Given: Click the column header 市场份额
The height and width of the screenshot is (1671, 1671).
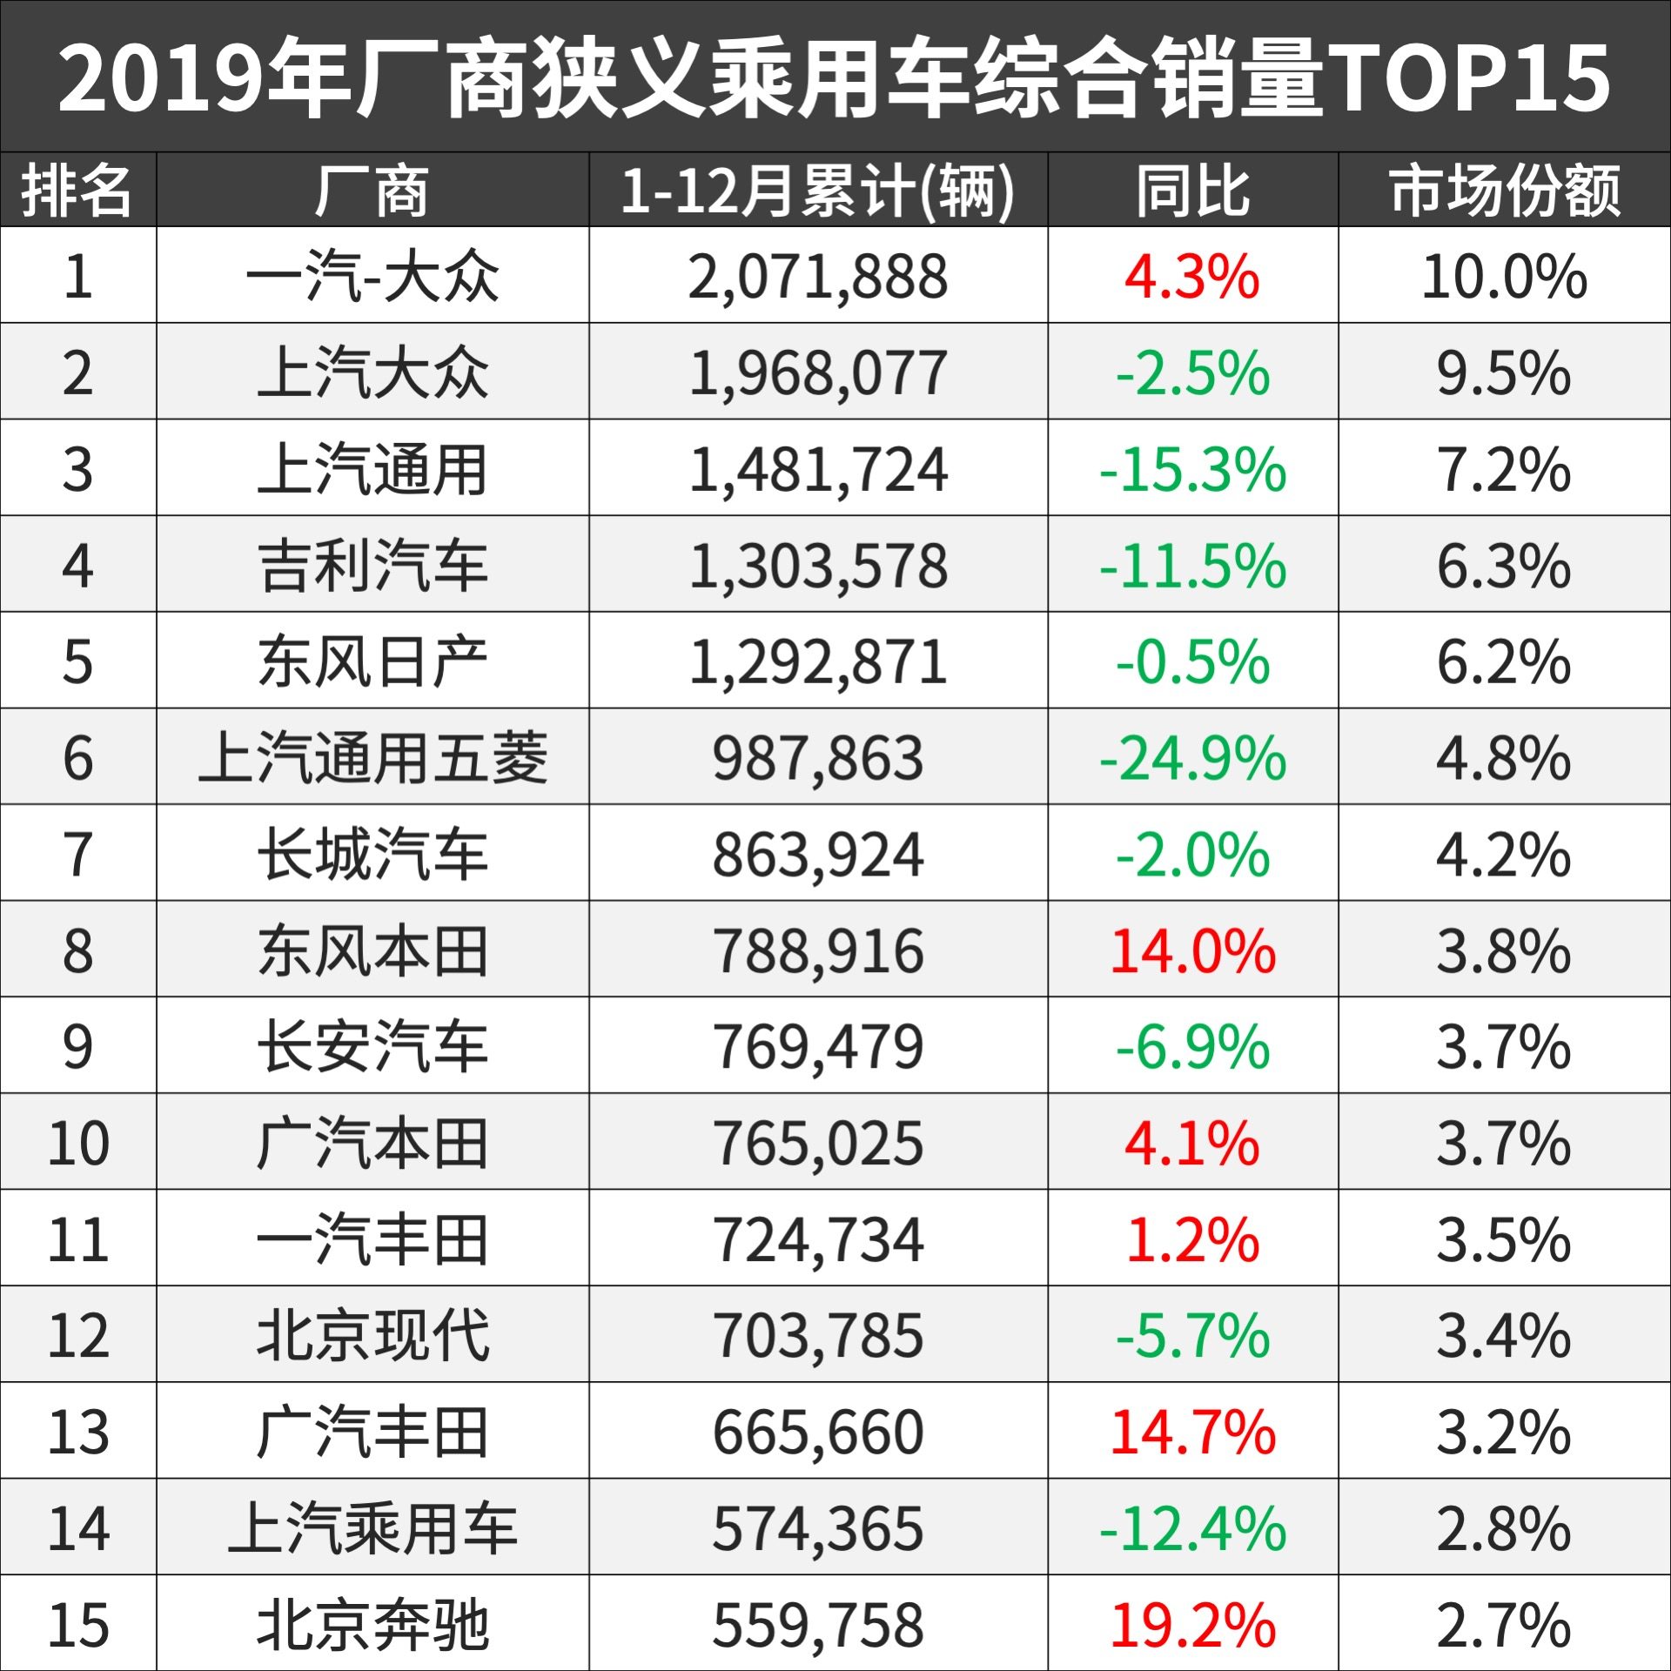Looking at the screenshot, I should (x=1504, y=191).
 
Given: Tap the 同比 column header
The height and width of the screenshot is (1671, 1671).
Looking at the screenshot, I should (x=1192, y=191).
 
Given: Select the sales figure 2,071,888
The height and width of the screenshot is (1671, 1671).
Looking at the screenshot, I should (x=817, y=278).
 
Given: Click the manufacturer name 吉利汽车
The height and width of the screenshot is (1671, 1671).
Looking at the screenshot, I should (x=372, y=566).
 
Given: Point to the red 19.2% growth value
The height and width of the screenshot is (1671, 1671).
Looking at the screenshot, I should (x=1192, y=1624).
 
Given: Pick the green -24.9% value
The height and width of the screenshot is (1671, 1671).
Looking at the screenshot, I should (x=1192, y=758).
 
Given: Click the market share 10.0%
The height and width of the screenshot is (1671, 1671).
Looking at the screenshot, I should (x=1504, y=278).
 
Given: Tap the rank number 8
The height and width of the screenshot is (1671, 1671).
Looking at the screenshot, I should (x=77, y=950).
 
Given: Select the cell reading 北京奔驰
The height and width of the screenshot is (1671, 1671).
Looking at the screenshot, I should (x=372, y=1624).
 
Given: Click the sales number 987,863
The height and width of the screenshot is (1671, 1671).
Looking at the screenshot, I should (x=817, y=758).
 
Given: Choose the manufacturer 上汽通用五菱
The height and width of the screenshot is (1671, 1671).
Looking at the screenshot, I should (x=372, y=758).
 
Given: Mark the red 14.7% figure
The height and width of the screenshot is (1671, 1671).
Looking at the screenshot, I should (x=1192, y=1432).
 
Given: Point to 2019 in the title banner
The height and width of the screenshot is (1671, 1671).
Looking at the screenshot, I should (x=161, y=78).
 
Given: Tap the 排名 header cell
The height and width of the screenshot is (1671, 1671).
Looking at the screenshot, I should (x=77, y=191).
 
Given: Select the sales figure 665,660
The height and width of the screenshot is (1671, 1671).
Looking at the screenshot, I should (x=817, y=1432).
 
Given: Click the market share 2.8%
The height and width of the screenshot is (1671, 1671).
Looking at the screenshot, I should (x=1504, y=1528).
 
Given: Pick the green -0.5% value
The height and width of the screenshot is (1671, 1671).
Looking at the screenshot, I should (x=1192, y=662).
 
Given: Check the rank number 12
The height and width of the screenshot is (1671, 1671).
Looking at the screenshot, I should (x=77, y=1336).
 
